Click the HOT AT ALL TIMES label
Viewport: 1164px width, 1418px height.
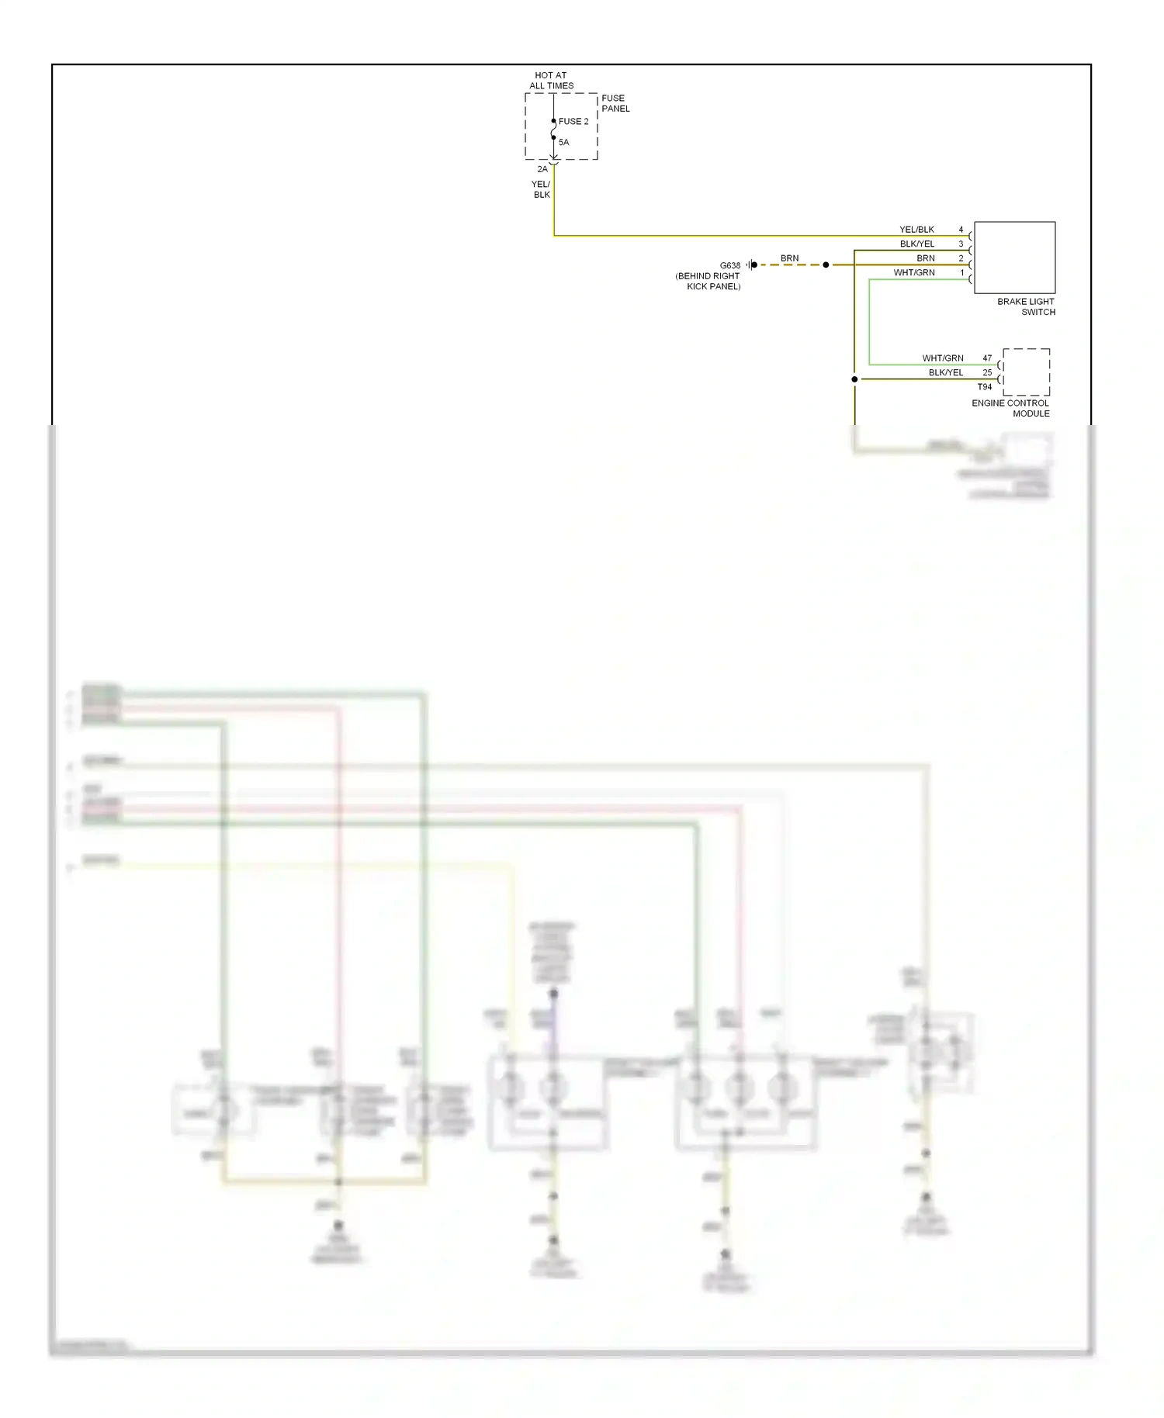551,81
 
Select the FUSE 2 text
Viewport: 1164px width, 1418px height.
573,122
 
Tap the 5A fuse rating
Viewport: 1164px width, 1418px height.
564,143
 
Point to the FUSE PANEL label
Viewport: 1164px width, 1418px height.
615,103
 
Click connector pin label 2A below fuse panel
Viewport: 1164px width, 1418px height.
542,169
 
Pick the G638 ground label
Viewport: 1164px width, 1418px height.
729,265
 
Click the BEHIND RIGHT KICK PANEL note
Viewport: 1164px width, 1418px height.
708,281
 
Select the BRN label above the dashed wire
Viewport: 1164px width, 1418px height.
789,258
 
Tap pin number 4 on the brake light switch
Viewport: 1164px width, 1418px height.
961,230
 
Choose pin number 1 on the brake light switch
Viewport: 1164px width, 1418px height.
962,272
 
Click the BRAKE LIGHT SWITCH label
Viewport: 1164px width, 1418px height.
1026,306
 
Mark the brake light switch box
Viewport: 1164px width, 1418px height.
1014,258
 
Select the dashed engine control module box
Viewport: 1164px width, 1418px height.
1026,372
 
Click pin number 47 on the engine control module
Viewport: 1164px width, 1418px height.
987,358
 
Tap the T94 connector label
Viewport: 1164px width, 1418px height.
984,387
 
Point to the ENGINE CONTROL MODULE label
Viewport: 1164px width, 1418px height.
1010,408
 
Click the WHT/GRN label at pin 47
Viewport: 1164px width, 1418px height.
943,358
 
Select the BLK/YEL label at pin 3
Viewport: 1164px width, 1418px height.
917,244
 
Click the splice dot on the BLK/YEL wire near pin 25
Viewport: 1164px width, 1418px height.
854,379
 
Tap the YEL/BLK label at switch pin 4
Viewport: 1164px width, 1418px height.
916,230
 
